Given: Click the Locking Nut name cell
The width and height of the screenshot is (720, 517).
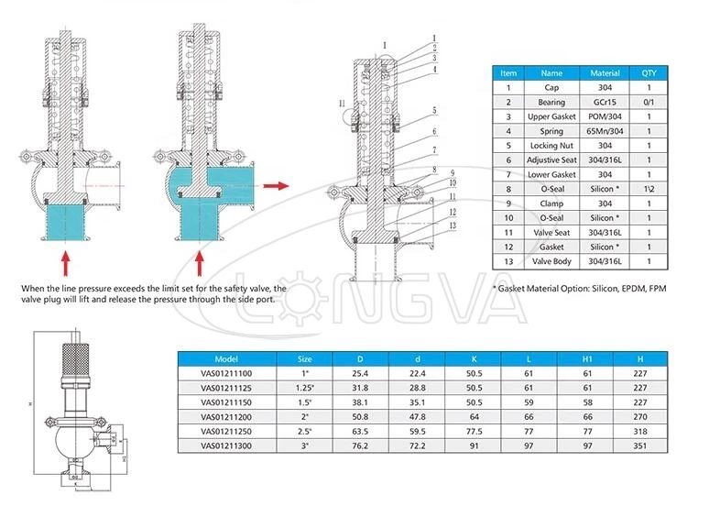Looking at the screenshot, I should coord(551,146).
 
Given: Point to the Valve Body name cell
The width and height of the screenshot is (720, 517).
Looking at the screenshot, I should coord(551,262).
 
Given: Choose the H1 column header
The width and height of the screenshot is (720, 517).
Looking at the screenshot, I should coord(585,359).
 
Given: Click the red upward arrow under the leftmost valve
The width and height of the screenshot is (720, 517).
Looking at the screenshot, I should coord(66,262).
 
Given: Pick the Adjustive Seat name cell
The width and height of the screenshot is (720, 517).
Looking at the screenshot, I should coord(551,160).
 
